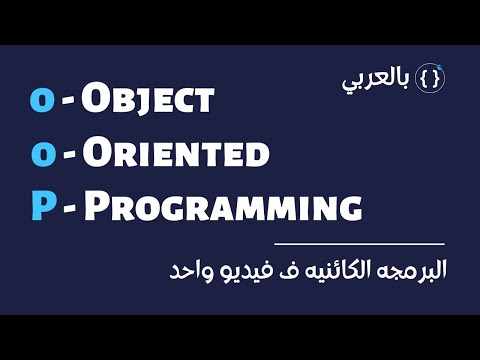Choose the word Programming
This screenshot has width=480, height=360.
point(221,208)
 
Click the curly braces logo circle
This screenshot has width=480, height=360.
point(430,78)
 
